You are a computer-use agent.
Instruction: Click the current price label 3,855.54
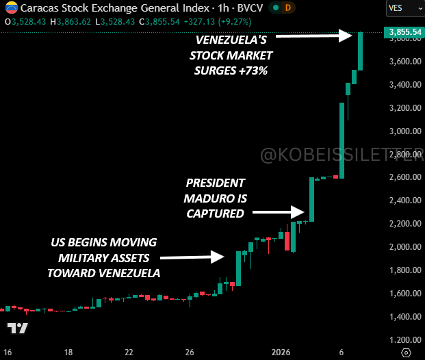pyautogui.click(x=404, y=32)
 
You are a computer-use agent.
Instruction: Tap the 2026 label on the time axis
pyautogui.click(x=282, y=352)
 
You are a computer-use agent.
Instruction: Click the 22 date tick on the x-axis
pyautogui.click(x=129, y=352)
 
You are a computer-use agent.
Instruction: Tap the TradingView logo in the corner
pyautogui.click(x=18, y=328)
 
